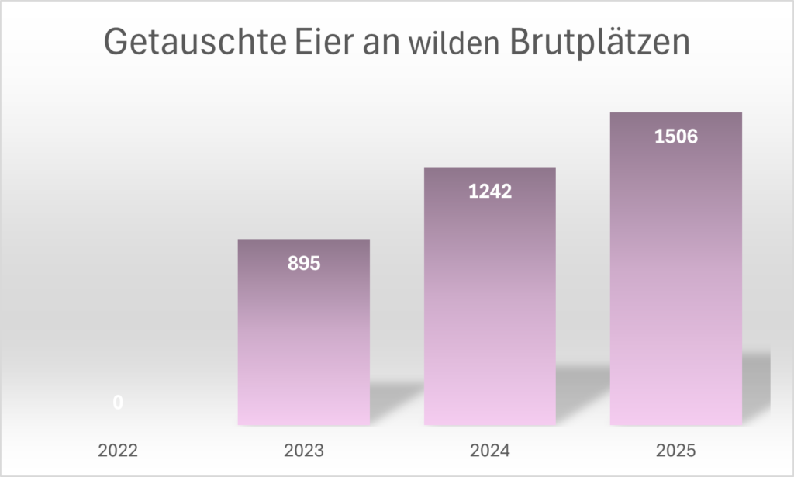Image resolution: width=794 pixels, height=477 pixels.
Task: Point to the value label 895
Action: [303, 263]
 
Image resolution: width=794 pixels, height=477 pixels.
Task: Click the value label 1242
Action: [489, 191]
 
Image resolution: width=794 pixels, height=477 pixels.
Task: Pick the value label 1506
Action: [675, 137]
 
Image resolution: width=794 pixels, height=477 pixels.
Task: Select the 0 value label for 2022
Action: [118, 403]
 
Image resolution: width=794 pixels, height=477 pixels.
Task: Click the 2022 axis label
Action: [118, 450]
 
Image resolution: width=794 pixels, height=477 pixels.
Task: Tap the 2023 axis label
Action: [303, 450]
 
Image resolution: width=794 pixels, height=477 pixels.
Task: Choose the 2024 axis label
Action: [489, 450]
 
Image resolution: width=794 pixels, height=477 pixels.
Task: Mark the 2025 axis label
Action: [675, 450]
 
